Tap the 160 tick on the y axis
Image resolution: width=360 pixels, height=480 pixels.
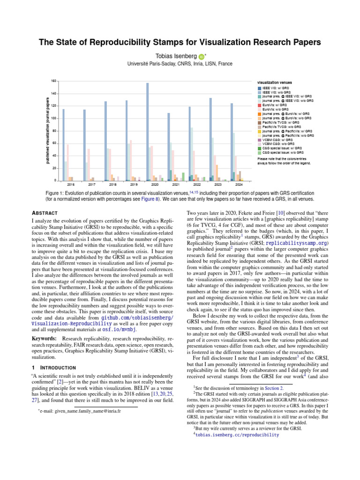(x=53, y=81)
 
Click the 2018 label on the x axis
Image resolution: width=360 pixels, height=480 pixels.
(x=112, y=185)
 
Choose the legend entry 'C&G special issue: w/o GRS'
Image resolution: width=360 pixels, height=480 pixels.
(x=282, y=152)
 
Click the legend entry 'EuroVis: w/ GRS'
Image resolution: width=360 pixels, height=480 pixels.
(x=275, y=105)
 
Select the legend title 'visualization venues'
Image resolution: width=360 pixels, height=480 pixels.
(x=274, y=82)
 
